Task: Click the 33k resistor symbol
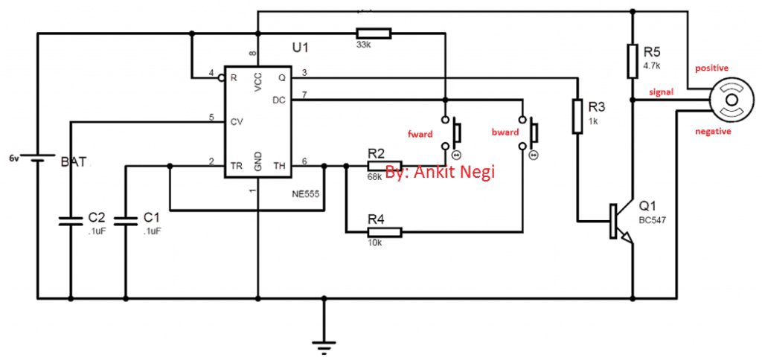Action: pos(374,33)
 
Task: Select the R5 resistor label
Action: pos(652,53)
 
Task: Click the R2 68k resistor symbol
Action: pos(384,166)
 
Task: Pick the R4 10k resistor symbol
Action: pos(384,232)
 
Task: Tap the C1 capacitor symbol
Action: pos(127,219)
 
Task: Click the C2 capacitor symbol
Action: pos(71,219)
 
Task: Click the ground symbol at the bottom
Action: pos(324,344)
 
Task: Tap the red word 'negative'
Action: pos(712,131)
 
